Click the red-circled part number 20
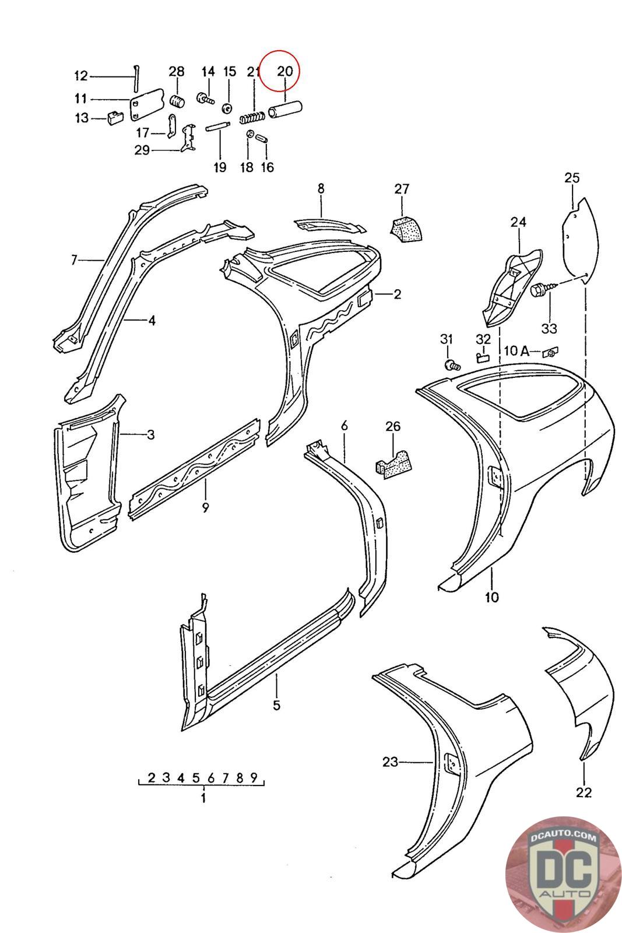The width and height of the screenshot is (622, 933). (x=284, y=72)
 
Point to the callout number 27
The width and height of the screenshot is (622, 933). (x=402, y=189)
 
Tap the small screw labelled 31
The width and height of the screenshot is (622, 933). (x=451, y=366)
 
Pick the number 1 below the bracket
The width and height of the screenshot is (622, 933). (x=203, y=798)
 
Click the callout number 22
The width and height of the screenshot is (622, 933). (x=584, y=792)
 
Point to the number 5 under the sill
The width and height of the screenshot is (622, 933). (x=276, y=706)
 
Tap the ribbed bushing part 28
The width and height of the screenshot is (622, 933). (x=177, y=100)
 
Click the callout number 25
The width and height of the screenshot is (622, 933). (x=572, y=178)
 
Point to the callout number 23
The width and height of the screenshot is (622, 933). (x=390, y=762)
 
